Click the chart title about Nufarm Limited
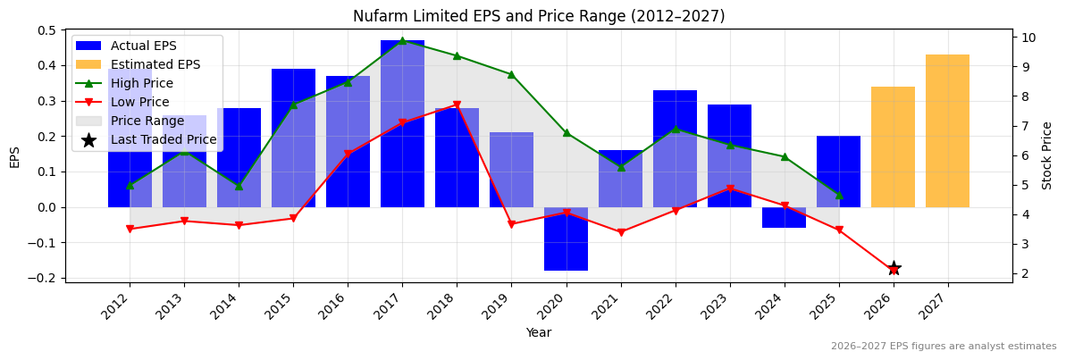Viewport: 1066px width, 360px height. tap(539, 16)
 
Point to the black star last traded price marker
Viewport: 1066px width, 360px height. tap(894, 268)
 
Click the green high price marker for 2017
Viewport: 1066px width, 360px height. tap(402, 41)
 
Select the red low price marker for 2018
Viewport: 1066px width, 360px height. tap(457, 105)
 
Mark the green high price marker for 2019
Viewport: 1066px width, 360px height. tap(511, 74)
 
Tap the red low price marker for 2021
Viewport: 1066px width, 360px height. tap(621, 232)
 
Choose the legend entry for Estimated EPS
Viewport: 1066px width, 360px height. tap(155, 64)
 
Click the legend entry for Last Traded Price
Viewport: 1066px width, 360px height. tap(164, 139)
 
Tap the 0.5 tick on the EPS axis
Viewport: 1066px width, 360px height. tap(44, 30)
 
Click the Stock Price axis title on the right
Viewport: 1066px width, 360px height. tap(1047, 155)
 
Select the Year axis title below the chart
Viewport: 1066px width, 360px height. tap(539, 332)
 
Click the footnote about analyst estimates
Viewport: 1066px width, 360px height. tap(944, 347)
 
